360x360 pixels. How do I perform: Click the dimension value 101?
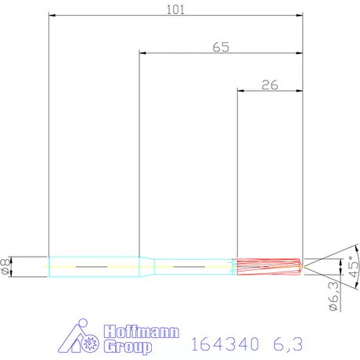click(x=176, y=8)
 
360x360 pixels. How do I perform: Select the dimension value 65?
click(x=221, y=47)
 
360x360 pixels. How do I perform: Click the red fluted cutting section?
click(x=268, y=267)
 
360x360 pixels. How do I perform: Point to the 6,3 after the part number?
click(x=287, y=344)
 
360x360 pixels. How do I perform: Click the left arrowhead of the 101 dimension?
click(x=51, y=15)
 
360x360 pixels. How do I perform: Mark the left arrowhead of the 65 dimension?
click(x=142, y=54)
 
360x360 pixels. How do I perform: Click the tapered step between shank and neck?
click(x=146, y=267)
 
